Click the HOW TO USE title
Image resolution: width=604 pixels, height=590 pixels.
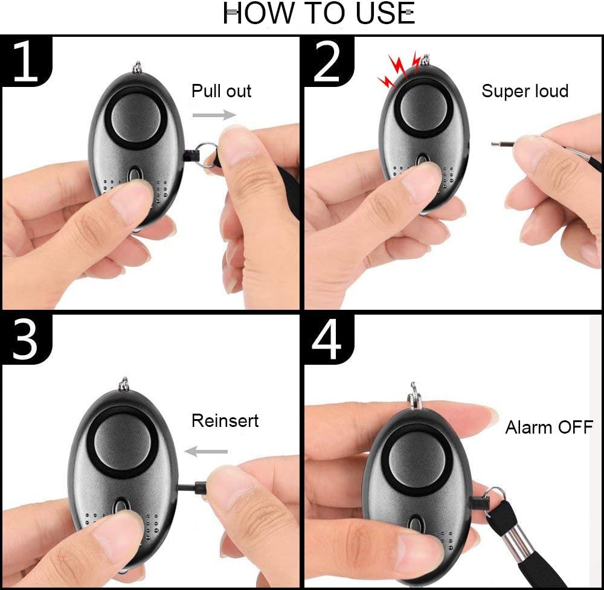tap(319, 13)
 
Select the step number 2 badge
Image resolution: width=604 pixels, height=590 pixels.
tap(328, 61)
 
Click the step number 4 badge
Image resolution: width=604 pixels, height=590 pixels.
tap(328, 339)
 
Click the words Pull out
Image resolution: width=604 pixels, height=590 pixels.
tap(222, 91)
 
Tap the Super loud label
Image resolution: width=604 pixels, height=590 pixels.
tap(525, 91)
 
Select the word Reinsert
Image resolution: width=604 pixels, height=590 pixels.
tap(225, 420)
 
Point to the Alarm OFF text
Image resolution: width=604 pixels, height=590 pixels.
tap(549, 427)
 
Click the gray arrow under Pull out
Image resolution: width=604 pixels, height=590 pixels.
tap(214, 115)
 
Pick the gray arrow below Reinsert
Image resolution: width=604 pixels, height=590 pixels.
tap(206, 451)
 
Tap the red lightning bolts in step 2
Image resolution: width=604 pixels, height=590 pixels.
tap(399, 70)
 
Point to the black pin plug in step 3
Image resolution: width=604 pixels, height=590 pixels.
tap(201, 488)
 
